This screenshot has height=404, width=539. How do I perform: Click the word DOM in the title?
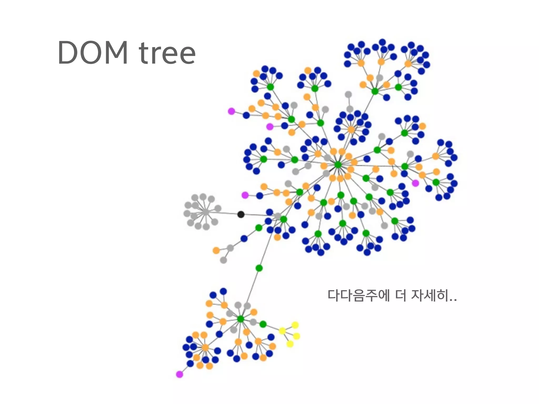click(x=93, y=53)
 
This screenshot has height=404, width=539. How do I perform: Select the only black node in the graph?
click(x=241, y=214)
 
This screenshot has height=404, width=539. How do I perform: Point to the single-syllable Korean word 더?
click(x=401, y=295)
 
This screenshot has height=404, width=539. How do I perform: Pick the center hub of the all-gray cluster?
click(x=205, y=212)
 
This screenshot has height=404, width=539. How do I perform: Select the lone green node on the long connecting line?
click(x=259, y=268)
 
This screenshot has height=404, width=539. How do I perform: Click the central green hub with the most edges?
click(x=338, y=165)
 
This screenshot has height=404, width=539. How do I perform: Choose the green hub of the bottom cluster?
click(x=241, y=319)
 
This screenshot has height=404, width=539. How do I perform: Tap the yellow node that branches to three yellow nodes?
click(x=282, y=331)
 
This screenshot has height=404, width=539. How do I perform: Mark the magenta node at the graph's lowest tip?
click(x=179, y=374)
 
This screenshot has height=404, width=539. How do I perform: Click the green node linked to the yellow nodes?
click(x=263, y=324)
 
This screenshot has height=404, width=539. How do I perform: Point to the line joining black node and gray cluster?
click(x=224, y=213)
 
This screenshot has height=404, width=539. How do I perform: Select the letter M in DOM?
click(x=116, y=53)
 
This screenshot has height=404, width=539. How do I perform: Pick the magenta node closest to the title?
click(x=231, y=111)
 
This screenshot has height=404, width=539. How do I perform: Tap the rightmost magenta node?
click(x=415, y=183)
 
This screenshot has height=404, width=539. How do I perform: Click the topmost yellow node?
click(x=295, y=325)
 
